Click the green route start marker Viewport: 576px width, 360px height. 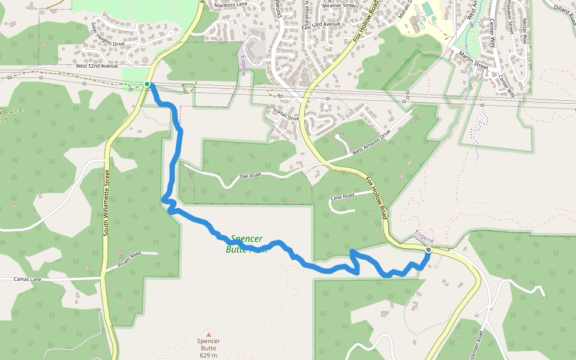pos(146,84)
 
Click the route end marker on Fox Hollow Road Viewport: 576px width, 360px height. pos(428,250)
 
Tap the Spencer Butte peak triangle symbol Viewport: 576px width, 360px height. pos(209,335)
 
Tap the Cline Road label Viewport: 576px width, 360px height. pos(342,196)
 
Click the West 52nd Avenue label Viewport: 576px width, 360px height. pos(96,65)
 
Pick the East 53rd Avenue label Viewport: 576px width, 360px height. pos(320,25)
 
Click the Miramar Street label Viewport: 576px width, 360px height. pos(339,5)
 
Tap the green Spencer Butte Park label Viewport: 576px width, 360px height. pos(245,244)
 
